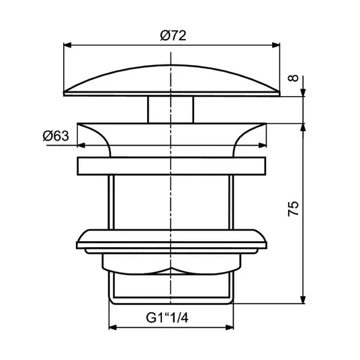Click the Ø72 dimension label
click(x=173, y=36)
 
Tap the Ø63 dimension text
click(x=56, y=136)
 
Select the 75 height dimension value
click(x=294, y=208)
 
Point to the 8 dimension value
click(x=294, y=78)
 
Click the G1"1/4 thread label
click(x=167, y=318)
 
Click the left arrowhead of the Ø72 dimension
click(x=67, y=45)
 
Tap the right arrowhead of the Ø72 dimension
click(x=276, y=45)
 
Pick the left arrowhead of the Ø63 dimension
click(x=81, y=145)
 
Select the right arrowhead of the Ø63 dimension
click(x=263, y=145)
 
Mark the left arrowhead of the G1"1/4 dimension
click(x=113, y=327)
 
